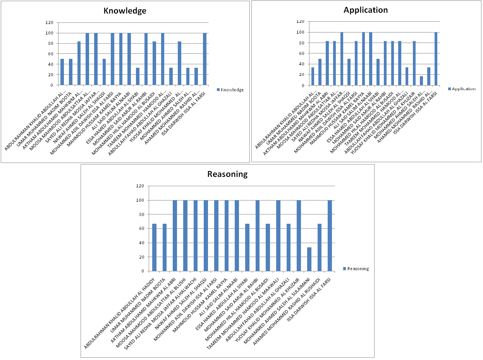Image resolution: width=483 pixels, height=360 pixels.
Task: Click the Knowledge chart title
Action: pos(125,11)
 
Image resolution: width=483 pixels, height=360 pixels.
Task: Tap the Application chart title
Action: pos(366,10)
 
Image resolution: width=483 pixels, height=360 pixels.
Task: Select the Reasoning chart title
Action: pos(227,174)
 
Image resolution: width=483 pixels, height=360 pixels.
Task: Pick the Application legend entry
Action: pos(463,89)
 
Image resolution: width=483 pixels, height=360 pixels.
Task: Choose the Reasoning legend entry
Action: pos(358,269)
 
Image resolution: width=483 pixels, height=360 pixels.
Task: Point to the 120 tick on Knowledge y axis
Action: pos(49,23)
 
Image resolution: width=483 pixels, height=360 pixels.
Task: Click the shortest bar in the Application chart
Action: pos(421,81)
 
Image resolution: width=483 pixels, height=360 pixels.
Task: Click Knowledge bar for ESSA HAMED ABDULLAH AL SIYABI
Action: pos(138,76)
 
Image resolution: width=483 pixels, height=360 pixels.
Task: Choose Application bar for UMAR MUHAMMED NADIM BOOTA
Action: pos(320,72)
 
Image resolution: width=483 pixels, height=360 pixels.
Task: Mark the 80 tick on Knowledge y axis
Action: pos(50,43)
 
